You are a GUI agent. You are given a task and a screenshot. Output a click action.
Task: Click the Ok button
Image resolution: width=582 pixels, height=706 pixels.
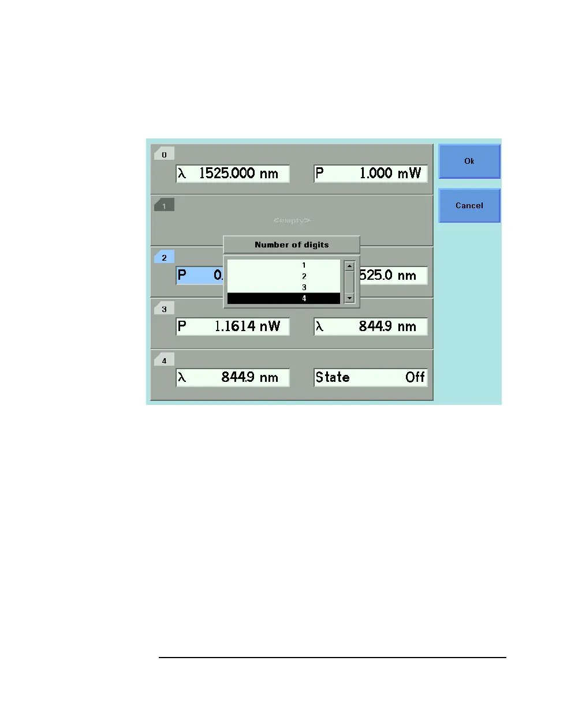[x=469, y=161]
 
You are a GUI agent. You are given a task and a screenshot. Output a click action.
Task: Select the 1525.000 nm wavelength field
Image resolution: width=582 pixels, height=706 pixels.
[x=233, y=174]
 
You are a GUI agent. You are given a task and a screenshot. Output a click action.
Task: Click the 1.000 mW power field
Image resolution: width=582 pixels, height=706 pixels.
[x=371, y=174]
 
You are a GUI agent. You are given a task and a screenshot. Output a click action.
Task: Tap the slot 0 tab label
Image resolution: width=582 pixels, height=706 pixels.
[x=164, y=155]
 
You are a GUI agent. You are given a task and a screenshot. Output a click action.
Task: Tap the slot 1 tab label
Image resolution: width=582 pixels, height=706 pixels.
[x=164, y=206]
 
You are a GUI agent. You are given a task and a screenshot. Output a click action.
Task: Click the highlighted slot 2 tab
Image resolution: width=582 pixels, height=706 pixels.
[x=164, y=258]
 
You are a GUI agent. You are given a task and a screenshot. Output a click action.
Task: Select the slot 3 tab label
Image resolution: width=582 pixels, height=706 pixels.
[x=164, y=309]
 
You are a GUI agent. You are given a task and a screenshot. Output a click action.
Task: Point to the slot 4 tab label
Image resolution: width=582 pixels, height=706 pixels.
[x=164, y=360]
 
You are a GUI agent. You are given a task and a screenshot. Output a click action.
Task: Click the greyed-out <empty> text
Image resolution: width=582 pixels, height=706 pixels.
[x=292, y=220]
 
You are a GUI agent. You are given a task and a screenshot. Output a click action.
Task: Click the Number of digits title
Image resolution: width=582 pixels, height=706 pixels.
[x=292, y=245]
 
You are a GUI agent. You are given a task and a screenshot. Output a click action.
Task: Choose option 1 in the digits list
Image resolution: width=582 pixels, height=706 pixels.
[x=304, y=265]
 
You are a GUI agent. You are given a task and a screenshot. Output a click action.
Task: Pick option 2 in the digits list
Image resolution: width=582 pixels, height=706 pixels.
[x=304, y=276]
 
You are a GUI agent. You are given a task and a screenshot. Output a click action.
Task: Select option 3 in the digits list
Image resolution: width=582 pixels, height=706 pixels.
[x=304, y=287]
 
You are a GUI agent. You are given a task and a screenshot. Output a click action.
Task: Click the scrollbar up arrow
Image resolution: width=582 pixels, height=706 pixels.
[x=349, y=266]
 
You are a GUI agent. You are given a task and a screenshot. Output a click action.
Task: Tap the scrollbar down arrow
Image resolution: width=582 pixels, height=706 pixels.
[x=349, y=298]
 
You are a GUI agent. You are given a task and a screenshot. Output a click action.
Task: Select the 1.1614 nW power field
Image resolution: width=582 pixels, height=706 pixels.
[x=233, y=326]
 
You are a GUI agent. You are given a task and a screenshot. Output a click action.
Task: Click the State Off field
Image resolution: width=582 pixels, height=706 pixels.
[x=371, y=378]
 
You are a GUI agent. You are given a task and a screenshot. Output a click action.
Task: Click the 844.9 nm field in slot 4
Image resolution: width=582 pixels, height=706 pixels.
[x=233, y=378]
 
